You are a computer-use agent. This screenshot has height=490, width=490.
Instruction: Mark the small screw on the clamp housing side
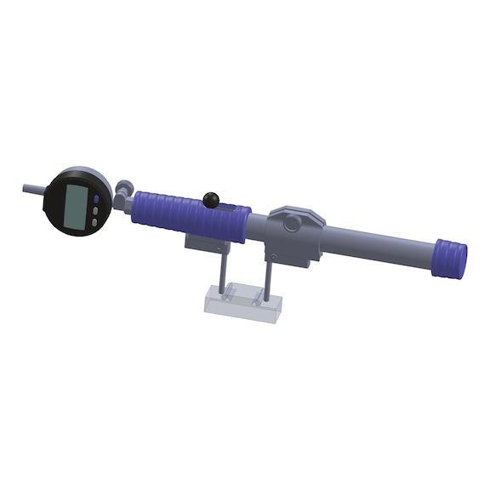[274, 253]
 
